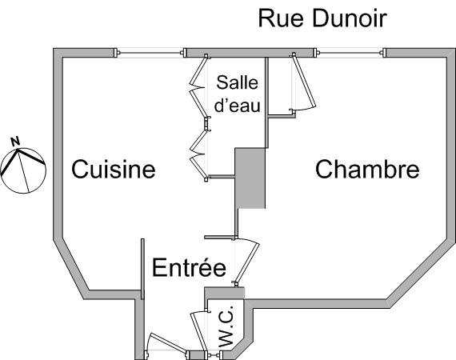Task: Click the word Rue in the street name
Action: (281, 18)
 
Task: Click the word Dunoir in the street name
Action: (350, 18)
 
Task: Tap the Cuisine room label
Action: (114, 169)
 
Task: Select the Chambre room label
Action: (367, 169)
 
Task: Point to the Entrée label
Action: (189, 267)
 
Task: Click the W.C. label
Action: (226, 326)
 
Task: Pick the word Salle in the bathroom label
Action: (238, 82)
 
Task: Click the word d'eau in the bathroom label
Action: (238, 105)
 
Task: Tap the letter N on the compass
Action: (15, 142)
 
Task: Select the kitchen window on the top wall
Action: (150, 53)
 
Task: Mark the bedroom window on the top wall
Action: (350, 53)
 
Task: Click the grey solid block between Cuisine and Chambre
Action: (250, 178)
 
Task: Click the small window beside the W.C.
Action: (215, 355)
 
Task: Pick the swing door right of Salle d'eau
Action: (304, 82)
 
